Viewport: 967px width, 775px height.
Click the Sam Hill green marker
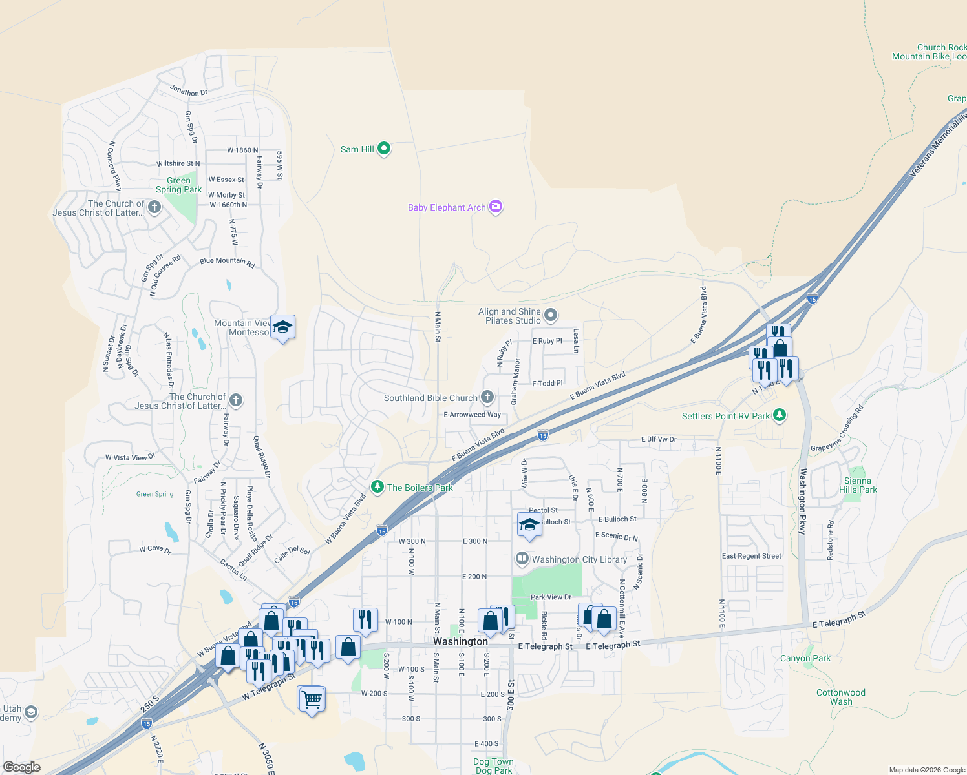click(x=384, y=149)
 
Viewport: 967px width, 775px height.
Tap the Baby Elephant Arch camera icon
click(x=496, y=207)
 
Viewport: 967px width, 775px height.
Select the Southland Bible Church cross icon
click(x=487, y=397)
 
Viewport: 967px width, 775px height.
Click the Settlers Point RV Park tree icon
click(x=780, y=415)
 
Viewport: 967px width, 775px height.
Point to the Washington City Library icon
click(x=522, y=559)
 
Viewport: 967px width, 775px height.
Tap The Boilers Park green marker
click(x=377, y=486)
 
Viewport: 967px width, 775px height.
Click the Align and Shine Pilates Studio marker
click(x=551, y=315)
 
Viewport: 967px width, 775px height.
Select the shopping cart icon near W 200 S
click(x=312, y=699)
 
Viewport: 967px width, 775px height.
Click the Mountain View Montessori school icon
click(x=282, y=327)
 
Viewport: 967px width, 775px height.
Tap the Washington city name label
click(x=460, y=641)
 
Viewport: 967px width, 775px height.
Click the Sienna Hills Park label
click(x=858, y=485)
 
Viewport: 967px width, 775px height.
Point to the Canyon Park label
click(x=805, y=658)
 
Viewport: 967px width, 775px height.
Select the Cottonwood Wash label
click(x=840, y=697)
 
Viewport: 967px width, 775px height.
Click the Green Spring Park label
click(x=178, y=185)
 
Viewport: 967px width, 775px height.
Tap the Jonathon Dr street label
click(x=188, y=91)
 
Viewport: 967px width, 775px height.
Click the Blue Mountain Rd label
click(x=227, y=261)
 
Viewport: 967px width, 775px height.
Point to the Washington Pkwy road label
click(x=802, y=501)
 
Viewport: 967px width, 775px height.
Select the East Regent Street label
click(x=751, y=556)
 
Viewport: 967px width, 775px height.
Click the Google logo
click(x=21, y=767)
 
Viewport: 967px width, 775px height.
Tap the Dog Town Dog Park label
click(x=493, y=766)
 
